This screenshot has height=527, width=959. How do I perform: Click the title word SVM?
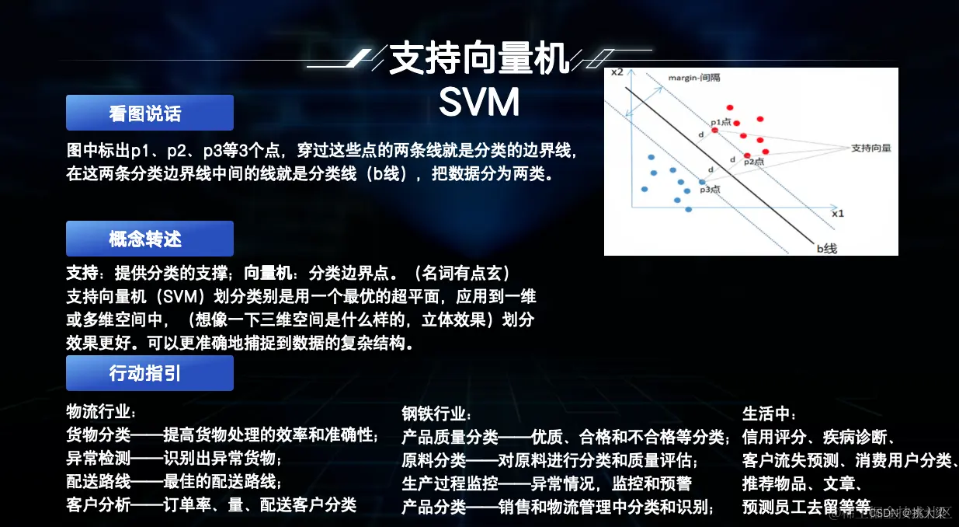pyautogui.click(x=479, y=103)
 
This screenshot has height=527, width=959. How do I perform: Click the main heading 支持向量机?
pyautogui.click(x=479, y=59)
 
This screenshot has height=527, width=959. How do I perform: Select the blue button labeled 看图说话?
pyautogui.click(x=149, y=113)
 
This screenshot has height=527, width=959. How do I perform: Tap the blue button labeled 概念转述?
pyautogui.click(x=149, y=239)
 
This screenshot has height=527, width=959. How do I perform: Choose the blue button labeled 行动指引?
pyautogui.click(x=149, y=373)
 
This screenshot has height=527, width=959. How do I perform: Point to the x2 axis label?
pyautogui.click(x=617, y=72)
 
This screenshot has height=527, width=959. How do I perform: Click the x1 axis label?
pyautogui.click(x=837, y=212)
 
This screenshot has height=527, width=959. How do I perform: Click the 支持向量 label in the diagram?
pyautogui.click(x=870, y=147)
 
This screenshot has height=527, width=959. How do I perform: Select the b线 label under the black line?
pyautogui.click(x=825, y=248)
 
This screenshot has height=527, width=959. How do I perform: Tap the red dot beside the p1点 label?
pyautogui.click(x=715, y=130)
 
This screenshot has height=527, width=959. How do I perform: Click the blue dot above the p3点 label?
pyautogui.click(x=702, y=181)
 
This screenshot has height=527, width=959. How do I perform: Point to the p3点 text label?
pyautogui.click(x=710, y=190)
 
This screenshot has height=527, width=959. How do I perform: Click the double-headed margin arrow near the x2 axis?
pyautogui.click(x=650, y=96)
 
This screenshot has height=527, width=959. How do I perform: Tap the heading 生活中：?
pyautogui.click(x=770, y=413)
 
